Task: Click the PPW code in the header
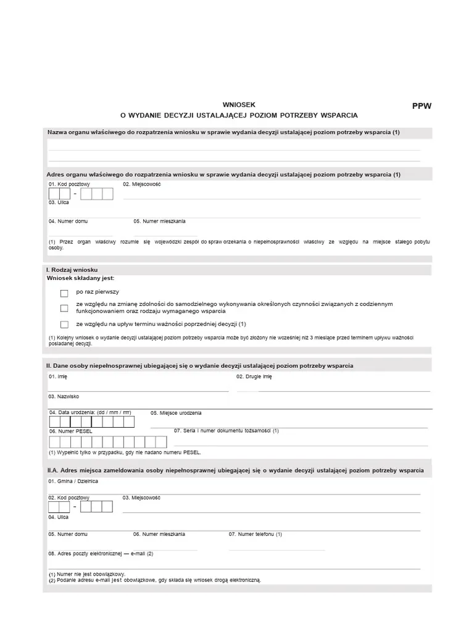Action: pos(422,106)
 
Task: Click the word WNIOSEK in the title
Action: pos(238,105)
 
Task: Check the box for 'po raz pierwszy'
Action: pos(64,293)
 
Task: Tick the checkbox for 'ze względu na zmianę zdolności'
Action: pos(64,308)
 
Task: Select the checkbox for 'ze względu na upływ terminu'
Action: pos(64,325)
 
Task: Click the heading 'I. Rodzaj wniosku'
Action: pos(68,270)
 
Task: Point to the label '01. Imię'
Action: pos(58,376)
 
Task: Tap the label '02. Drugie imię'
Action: pos(254,376)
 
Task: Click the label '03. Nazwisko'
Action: pos(64,396)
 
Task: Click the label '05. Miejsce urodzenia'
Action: pos(176,413)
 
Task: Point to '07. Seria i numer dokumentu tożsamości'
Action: pos(227,431)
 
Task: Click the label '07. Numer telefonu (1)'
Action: pos(255,534)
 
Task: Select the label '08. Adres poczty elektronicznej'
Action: pos(101,554)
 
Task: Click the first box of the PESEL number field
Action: pos(54,442)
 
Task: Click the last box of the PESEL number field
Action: pos(161,442)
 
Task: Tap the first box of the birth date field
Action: pos(54,422)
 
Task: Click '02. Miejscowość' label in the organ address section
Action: pos(142,184)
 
